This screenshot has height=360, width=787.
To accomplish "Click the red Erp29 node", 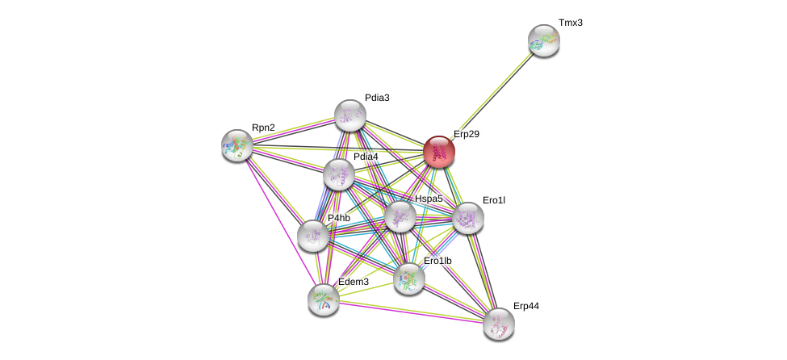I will (439, 152).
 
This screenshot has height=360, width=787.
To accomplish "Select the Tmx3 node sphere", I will (543, 40).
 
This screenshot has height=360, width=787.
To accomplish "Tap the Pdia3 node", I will (350, 115).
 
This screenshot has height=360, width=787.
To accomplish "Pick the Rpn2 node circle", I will (237, 145).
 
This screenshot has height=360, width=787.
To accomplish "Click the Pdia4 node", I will (339, 174).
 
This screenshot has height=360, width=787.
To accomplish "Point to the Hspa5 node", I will (400, 216).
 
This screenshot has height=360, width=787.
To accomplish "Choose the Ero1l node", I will (467, 218).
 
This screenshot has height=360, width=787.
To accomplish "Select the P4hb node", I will (313, 235).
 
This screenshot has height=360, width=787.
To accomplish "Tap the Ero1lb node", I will (409, 278).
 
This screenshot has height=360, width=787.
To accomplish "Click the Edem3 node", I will (323, 299).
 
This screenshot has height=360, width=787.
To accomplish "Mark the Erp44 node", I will (499, 324).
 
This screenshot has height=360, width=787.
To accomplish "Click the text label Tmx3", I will (570, 23).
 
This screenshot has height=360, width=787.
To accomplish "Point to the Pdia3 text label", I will (376, 98).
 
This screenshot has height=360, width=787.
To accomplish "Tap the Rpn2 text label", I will (263, 128).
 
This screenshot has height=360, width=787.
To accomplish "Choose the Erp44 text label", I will (526, 306).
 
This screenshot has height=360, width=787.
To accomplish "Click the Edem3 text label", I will (354, 282).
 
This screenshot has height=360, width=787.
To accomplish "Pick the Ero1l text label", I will (493, 199).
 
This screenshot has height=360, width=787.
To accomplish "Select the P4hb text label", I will (338, 218).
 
